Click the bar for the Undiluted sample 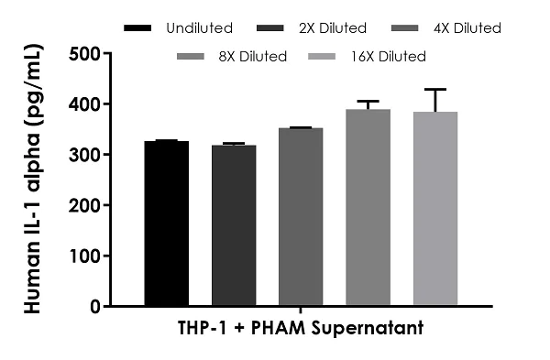167,224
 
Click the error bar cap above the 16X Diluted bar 435,90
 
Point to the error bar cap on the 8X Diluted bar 368,102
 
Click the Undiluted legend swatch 137,28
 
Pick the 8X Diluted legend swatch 194,57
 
